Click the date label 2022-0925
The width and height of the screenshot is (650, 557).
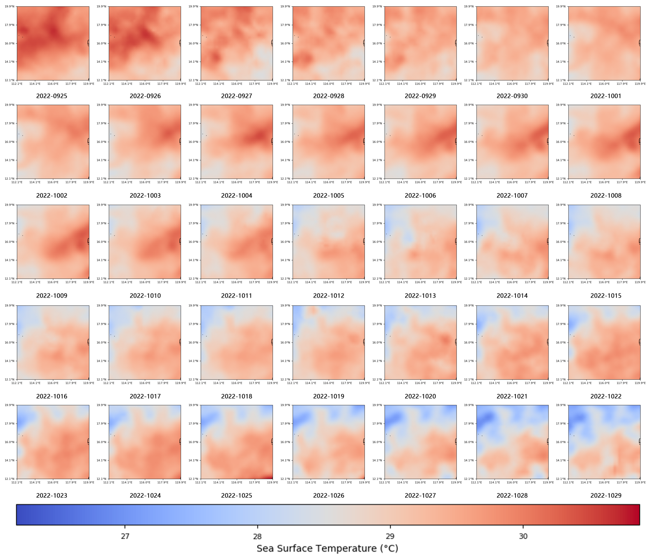[52, 96]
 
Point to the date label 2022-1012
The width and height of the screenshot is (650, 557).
[328, 296]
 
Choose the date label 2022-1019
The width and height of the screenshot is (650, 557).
[328, 396]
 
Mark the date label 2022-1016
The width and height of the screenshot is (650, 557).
[52, 396]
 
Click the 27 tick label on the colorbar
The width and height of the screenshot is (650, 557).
[125, 536]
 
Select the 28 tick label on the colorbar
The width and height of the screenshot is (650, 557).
[258, 536]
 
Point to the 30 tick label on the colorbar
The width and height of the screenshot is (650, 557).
[523, 536]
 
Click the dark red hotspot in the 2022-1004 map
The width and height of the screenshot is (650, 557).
[259, 136]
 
